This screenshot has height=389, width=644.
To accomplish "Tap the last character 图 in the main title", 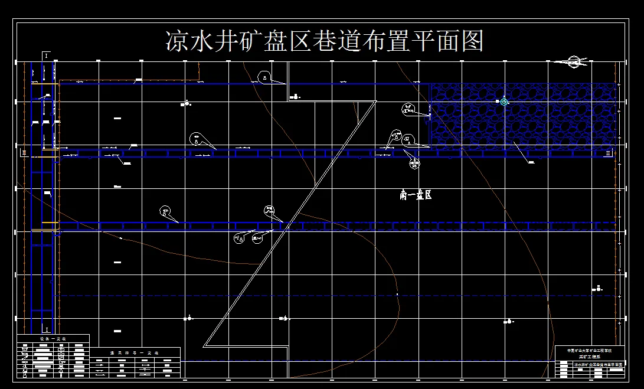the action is pos(472,41).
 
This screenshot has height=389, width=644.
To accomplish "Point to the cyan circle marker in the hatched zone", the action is pos(504,102).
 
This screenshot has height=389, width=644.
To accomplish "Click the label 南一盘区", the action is pos(416,195).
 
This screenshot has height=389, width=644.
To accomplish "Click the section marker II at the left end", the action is pos(24,152).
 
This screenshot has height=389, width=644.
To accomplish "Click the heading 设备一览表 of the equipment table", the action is pos(53,339).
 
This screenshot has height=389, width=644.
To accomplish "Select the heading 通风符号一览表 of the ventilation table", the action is pos(135,352).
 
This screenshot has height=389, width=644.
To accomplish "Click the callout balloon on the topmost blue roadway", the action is pos(265,77).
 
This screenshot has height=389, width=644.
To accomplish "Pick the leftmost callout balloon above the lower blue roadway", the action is pos(165,211).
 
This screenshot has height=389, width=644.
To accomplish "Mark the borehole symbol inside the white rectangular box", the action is pos(295,97).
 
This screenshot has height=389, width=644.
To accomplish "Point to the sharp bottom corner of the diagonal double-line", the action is pos(204,346).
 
